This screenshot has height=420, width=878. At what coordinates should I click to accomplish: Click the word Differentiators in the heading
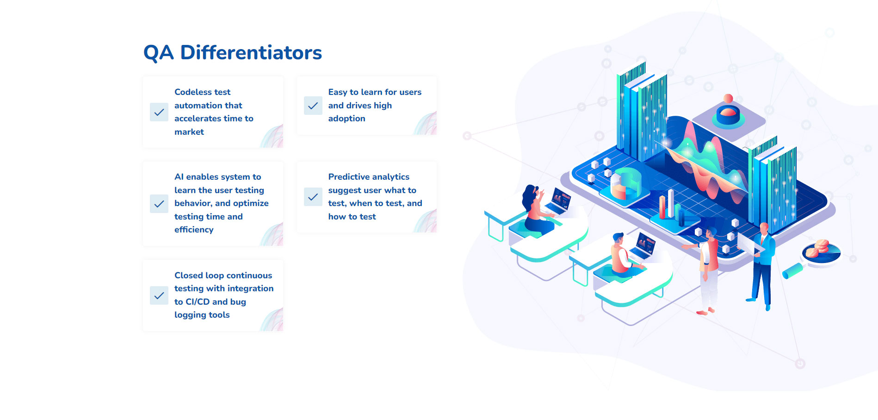251,52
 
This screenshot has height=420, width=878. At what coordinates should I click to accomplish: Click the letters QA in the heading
159,53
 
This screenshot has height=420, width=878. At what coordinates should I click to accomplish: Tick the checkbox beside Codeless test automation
159,112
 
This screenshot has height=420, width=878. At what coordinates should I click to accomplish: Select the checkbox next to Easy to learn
313,106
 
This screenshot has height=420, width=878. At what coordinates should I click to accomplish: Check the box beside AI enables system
159,204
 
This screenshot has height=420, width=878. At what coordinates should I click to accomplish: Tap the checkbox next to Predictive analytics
313,197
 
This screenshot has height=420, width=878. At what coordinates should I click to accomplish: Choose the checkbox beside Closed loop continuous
159,295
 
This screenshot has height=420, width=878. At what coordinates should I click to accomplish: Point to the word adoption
347,119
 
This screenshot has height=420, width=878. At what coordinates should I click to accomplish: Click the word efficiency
194,230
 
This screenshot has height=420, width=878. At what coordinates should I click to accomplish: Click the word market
189,132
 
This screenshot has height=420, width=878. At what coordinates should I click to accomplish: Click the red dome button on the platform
728,113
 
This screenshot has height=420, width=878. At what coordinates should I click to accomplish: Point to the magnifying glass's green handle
792,271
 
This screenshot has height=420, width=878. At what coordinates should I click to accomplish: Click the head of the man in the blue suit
764,228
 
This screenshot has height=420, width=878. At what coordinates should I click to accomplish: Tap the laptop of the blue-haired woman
559,202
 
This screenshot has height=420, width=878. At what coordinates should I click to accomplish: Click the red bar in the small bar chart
662,207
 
